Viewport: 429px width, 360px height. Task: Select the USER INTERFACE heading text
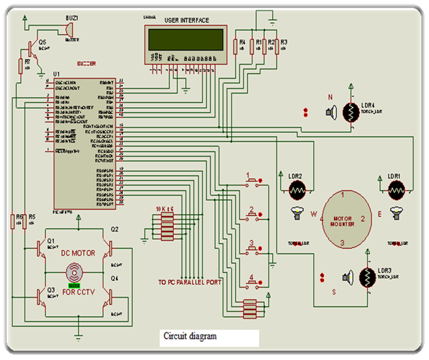click(x=186, y=21)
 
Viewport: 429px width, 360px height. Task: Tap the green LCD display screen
click(x=186, y=39)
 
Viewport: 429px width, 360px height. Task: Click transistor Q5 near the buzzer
click(x=33, y=48)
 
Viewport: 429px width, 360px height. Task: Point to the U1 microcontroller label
click(x=57, y=74)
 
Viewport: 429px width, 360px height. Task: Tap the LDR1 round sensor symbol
click(x=396, y=188)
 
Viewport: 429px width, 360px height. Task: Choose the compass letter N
click(x=329, y=98)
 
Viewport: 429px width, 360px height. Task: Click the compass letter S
click(x=335, y=291)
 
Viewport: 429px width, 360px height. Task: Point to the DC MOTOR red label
click(x=77, y=253)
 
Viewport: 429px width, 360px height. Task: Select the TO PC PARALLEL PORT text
click(x=190, y=283)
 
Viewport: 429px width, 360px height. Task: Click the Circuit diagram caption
click(x=190, y=336)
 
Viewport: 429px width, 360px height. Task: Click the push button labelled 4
click(x=253, y=285)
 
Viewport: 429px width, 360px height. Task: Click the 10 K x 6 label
click(x=164, y=208)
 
